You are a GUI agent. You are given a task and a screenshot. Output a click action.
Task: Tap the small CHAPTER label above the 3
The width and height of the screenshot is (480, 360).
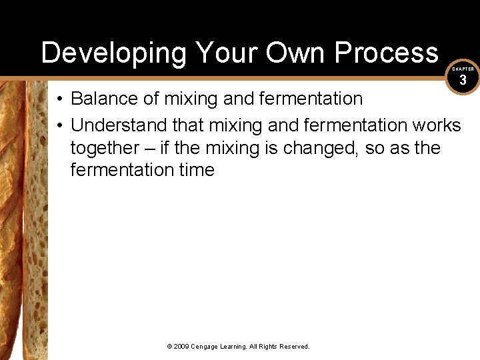[x=463, y=69]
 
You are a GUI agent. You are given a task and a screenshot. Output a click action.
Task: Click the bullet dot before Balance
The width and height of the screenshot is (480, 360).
[x=59, y=99]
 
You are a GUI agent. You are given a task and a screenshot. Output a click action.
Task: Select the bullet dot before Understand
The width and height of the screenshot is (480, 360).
[x=59, y=125]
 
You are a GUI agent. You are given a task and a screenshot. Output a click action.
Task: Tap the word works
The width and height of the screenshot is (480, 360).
[x=437, y=125]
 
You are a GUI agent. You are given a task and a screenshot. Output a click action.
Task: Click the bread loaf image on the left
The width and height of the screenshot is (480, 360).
[x=24, y=220]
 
